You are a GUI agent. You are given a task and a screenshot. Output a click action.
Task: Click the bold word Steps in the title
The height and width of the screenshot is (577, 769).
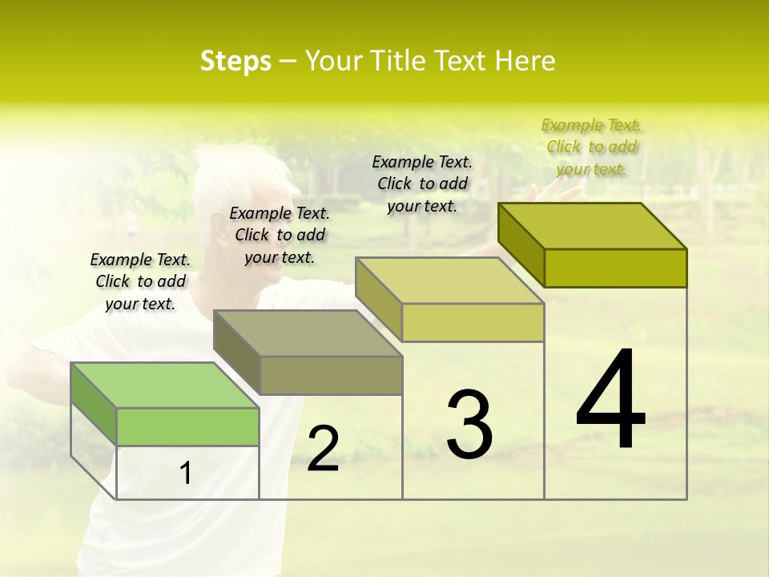pyautogui.click(x=236, y=61)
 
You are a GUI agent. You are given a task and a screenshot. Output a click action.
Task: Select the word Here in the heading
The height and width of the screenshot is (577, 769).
pyautogui.click(x=525, y=61)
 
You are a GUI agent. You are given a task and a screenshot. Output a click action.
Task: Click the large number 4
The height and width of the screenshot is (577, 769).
pyautogui.click(x=611, y=400)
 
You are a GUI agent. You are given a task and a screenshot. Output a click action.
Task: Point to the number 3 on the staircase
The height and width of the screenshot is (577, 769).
pyautogui.click(x=469, y=424)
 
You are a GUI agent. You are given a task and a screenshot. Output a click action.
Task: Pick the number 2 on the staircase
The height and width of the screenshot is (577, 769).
pyautogui.click(x=323, y=448)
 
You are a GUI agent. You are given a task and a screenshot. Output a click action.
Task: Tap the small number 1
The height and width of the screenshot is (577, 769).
pyautogui.click(x=186, y=474)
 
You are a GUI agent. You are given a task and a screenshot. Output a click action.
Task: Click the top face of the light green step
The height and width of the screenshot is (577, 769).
pyautogui.click(x=164, y=385)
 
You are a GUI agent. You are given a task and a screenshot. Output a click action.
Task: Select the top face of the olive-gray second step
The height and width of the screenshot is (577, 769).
pyautogui.click(x=308, y=333)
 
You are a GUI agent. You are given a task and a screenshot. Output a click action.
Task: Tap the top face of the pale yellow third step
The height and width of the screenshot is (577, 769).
pyautogui.click(x=450, y=280)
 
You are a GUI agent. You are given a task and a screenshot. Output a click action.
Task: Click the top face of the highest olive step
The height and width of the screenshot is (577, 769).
pyautogui.click(x=593, y=226)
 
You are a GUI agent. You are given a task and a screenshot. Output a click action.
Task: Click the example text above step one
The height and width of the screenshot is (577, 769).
pyautogui.click(x=140, y=281)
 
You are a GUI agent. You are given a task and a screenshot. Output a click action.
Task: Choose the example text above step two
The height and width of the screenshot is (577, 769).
pyautogui.click(x=280, y=235)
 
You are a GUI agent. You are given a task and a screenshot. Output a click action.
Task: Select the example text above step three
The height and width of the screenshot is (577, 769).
pyautogui.click(x=422, y=184)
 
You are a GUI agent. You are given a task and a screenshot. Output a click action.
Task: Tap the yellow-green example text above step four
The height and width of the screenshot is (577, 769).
pyautogui.click(x=591, y=147)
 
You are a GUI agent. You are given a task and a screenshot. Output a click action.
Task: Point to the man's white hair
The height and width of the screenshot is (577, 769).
pyautogui.click(x=232, y=172)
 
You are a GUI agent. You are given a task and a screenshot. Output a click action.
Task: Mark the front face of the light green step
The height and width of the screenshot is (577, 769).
pyautogui.click(x=187, y=426)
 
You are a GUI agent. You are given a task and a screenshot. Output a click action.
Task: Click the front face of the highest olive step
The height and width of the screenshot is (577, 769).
pyautogui.click(x=615, y=268)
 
